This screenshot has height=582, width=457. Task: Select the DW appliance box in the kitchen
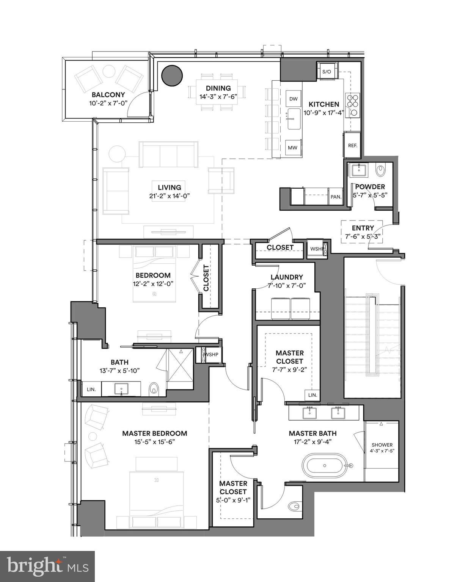coord(294,99)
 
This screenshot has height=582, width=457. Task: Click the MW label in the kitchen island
coord(292,148)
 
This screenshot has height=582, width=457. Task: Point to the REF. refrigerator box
coord(352,145)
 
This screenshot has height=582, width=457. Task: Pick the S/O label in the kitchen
coord(327,72)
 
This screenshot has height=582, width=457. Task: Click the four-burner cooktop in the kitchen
coord(352,101)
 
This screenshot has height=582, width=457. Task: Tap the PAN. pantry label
coord(336,197)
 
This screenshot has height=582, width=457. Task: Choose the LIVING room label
coord(170,187)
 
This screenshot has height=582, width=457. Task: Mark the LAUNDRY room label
coord(287,277)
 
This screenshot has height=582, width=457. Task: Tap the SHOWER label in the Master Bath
coord(382,445)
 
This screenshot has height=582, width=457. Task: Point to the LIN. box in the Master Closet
coord(313,395)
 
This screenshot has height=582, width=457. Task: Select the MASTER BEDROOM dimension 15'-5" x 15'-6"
coord(154,442)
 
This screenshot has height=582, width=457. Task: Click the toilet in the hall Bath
coord(154,388)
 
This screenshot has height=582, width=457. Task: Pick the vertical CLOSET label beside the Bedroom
coord(206,278)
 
